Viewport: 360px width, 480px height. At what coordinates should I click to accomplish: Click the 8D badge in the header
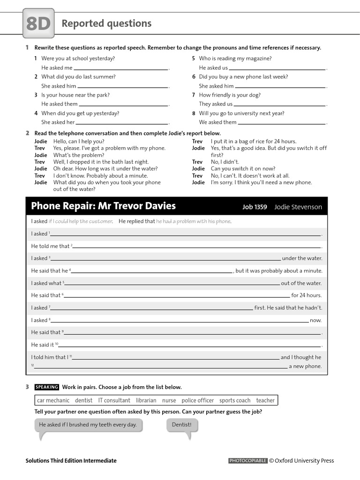tap(38, 24)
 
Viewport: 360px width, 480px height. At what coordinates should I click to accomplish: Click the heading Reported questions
tap(106, 23)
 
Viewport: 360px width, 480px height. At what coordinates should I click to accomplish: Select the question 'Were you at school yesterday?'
tap(78, 59)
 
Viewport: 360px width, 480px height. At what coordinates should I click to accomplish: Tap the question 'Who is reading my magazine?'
tap(235, 59)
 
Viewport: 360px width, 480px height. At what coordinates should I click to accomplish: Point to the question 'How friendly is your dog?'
tap(230, 95)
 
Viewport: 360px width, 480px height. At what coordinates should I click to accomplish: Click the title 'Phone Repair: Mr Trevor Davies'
tap(103, 206)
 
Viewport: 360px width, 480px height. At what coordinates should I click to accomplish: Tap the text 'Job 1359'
tap(255, 207)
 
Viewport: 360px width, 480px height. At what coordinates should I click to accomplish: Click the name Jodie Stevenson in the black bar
tap(298, 207)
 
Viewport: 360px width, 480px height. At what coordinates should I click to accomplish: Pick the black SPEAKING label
tap(47, 387)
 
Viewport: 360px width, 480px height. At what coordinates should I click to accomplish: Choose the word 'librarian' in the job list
tap(146, 400)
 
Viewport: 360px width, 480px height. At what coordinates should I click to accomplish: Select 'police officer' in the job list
tap(197, 400)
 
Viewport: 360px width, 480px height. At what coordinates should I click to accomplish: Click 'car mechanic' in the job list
tap(53, 400)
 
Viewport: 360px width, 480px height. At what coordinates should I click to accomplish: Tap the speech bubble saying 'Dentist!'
tap(182, 425)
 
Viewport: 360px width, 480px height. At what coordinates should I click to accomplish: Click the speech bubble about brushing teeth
tap(88, 425)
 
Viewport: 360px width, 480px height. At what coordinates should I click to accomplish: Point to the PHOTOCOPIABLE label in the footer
tap(248, 461)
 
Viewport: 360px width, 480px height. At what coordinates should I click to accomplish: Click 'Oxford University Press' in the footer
tap(304, 461)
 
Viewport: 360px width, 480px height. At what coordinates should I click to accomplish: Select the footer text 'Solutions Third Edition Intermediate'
tap(71, 461)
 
